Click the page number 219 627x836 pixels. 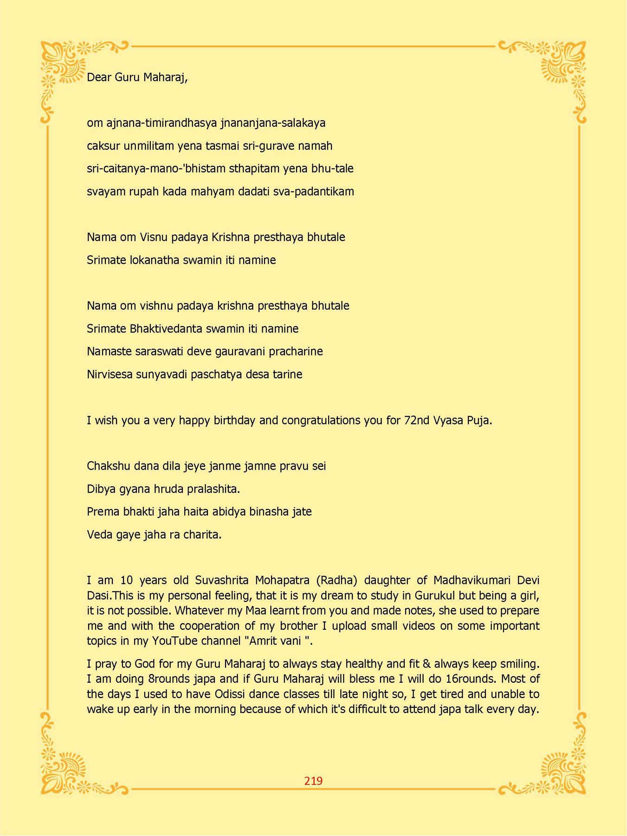[x=313, y=781]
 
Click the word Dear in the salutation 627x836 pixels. [x=99, y=77]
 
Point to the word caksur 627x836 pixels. [x=103, y=146]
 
